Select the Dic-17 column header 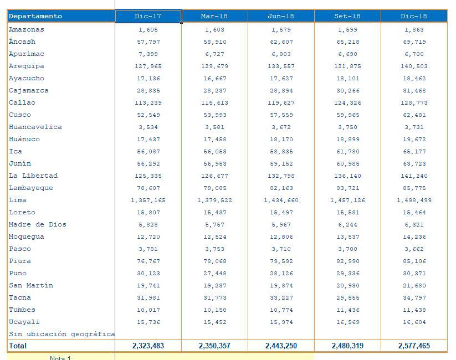[148, 17]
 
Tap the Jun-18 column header [281, 17]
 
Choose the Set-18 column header [347, 17]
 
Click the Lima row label [18, 200]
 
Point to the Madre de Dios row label [37, 224]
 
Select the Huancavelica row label [35, 127]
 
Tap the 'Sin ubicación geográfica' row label [62, 334]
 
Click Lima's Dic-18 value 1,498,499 [414, 200]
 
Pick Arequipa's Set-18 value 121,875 [347, 66]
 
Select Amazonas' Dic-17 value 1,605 [148, 30]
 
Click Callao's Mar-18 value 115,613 [214, 103]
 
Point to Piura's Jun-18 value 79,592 [281, 261]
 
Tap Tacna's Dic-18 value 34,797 [414, 298]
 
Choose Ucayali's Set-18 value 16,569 [347, 322]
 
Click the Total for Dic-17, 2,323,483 [148, 346]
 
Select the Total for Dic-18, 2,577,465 [414, 346]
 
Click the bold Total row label [18, 346]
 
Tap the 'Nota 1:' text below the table [61, 358]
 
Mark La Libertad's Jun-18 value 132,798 [281, 176]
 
